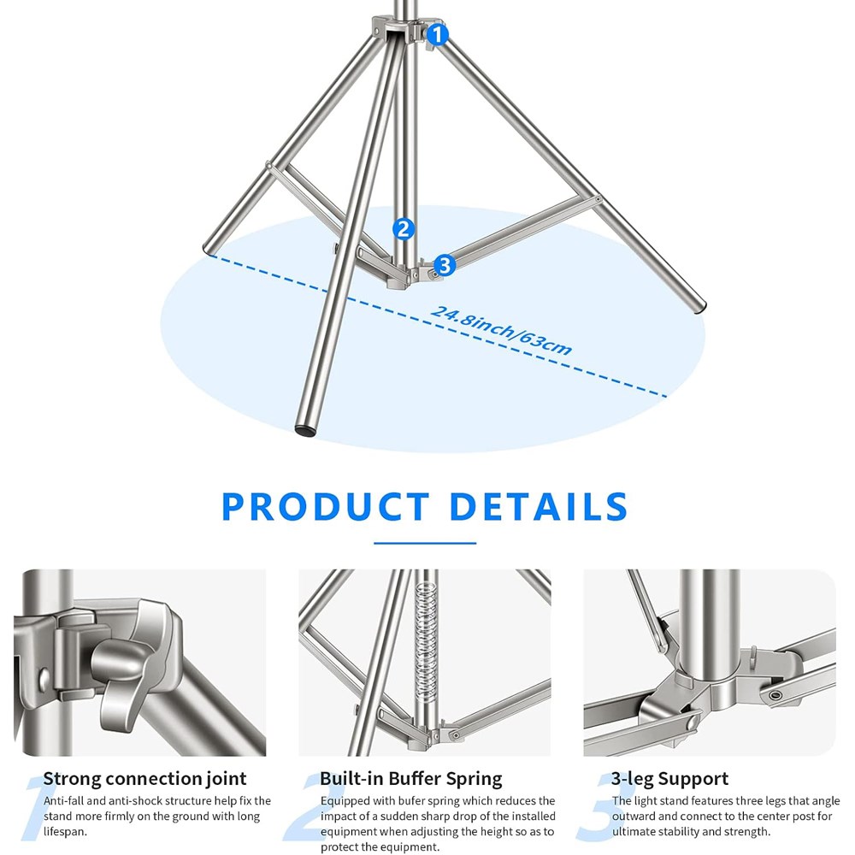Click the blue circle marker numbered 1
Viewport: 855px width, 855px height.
(x=437, y=35)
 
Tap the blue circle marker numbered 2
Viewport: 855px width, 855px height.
(x=403, y=229)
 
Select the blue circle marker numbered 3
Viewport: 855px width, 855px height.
(x=445, y=266)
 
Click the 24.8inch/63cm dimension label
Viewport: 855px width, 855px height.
(x=501, y=331)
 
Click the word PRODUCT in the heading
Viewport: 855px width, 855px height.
(x=326, y=506)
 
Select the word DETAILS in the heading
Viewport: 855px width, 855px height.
(x=539, y=506)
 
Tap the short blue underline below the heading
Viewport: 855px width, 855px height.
(x=425, y=543)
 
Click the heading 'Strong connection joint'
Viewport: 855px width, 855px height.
(x=144, y=778)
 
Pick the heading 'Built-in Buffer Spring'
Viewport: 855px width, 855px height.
(x=410, y=778)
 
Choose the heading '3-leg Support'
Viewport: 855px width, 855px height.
(x=669, y=778)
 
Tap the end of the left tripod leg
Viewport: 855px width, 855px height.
(x=209, y=249)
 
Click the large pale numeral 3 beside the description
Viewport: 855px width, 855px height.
(x=603, y=807)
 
